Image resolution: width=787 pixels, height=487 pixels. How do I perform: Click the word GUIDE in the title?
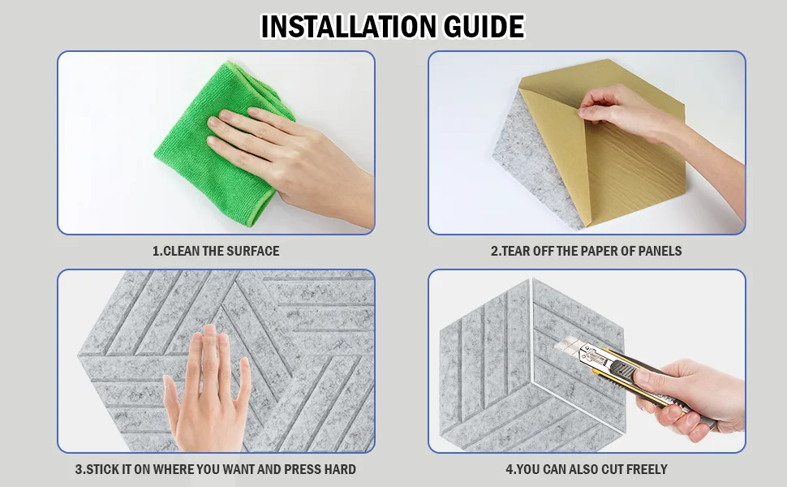[484, 27]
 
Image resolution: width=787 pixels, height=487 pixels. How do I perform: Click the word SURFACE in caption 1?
[253, 251]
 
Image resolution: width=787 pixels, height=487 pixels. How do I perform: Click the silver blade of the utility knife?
[570, 346]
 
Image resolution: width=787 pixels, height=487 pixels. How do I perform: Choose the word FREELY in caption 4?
[647, 469]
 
